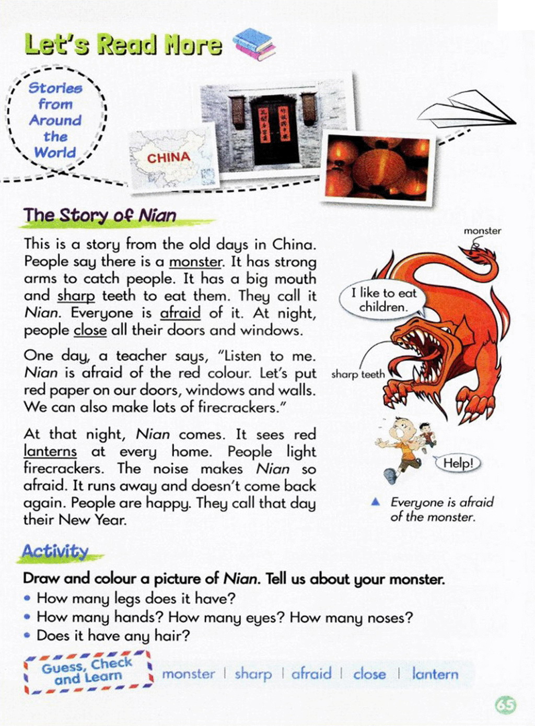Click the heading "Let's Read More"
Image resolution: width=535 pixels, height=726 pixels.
[123, 44]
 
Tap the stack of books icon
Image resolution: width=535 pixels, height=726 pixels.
[254, 44]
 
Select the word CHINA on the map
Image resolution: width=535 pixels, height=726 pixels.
[168, 158]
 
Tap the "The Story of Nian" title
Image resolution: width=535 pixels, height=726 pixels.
[100, 215]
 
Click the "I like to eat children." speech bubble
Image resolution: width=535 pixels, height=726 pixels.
[383, 300]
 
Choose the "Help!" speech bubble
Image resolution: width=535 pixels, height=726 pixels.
[458, 463]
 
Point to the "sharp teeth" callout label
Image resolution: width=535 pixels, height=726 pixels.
[358, 374]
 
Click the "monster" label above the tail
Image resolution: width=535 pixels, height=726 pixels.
[482, 231]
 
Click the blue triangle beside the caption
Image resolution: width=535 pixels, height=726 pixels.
[375, 502]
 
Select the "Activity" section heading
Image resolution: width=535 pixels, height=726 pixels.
[55, 551]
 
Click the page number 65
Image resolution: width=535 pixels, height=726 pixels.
[505, 705]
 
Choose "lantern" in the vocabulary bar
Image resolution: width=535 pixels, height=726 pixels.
[435, 674]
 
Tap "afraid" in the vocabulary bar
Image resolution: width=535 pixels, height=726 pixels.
[311, 674]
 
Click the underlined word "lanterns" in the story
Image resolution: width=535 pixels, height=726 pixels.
[50, 451]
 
